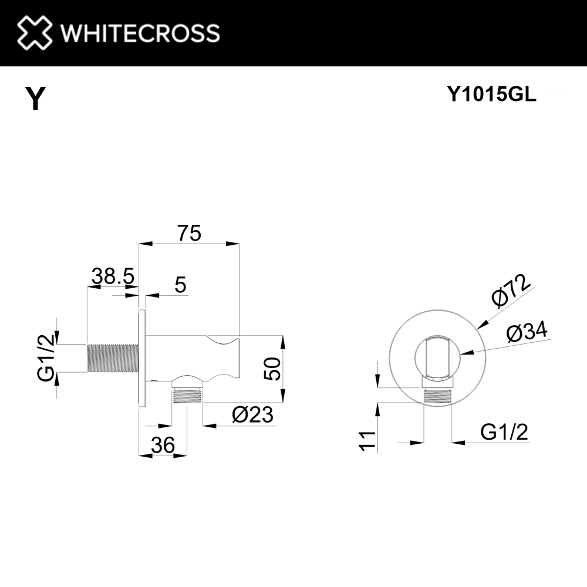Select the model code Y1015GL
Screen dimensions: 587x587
491,94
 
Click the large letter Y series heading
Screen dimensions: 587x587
36,99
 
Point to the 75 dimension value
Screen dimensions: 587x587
189,234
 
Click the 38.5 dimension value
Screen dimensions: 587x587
113,275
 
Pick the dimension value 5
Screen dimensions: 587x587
180,285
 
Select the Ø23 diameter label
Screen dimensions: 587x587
252,415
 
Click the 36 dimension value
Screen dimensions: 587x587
163,446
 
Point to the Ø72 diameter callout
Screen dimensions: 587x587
510,292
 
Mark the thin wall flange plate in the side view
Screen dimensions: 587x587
141,357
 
